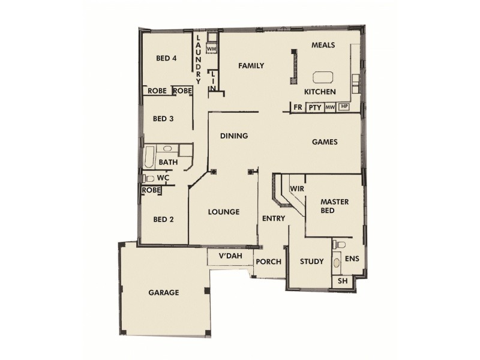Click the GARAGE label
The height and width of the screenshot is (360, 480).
click(x=164, y=293)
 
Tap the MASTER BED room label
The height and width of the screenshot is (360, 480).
click(x=334, y=206)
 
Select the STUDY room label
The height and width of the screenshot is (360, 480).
click(x=311, y=262)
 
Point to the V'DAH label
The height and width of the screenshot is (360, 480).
click(x=229, y=257)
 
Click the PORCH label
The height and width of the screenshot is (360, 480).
click(x=269, y=262)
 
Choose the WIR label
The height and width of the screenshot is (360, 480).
click(x=295, y=188)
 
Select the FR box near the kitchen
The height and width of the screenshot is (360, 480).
click(x=298, y=107)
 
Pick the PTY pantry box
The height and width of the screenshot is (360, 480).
click(x=314, y=107)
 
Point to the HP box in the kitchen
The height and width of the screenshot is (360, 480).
click(x=344, y=107)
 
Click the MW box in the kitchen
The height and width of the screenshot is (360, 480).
click(x=329, y=107)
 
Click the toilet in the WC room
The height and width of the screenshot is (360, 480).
click(x=149, y=178)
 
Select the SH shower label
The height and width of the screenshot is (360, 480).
click(x=343, y=281)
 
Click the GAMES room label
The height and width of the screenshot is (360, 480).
click(x=325, y=142)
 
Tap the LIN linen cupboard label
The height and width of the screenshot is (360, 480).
click(x=212, y=80)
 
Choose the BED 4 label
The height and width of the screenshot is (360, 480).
click(x=166, y=58)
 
